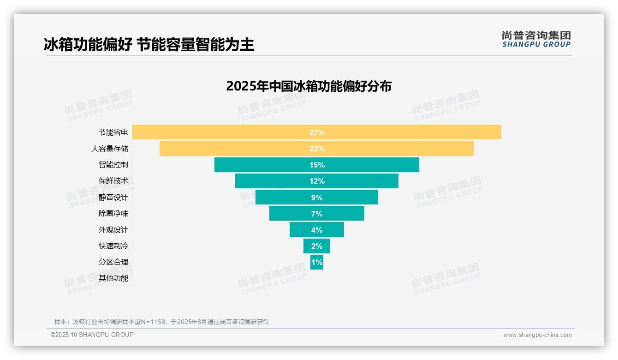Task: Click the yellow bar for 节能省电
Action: point(316,132)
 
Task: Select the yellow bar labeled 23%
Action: point(316,149)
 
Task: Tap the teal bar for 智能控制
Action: point(316,165)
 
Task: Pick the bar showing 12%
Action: point(316,181)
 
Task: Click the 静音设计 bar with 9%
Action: point(316,197)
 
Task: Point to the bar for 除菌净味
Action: point(316,213)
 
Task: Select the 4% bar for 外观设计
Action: point(316,230)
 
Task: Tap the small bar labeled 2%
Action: point(316,246)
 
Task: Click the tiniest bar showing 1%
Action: point(316,262)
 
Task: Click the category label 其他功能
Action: point(113,278)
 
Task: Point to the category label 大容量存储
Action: point(110,149)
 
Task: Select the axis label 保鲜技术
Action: point(113,181)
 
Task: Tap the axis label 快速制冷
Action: point(113,246)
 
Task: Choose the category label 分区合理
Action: point(113,262)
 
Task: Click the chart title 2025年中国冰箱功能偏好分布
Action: point(309,86)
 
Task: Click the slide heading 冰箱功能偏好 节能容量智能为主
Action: point(149,45)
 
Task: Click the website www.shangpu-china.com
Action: point(537,335)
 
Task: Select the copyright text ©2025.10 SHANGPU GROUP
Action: point(92,335)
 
